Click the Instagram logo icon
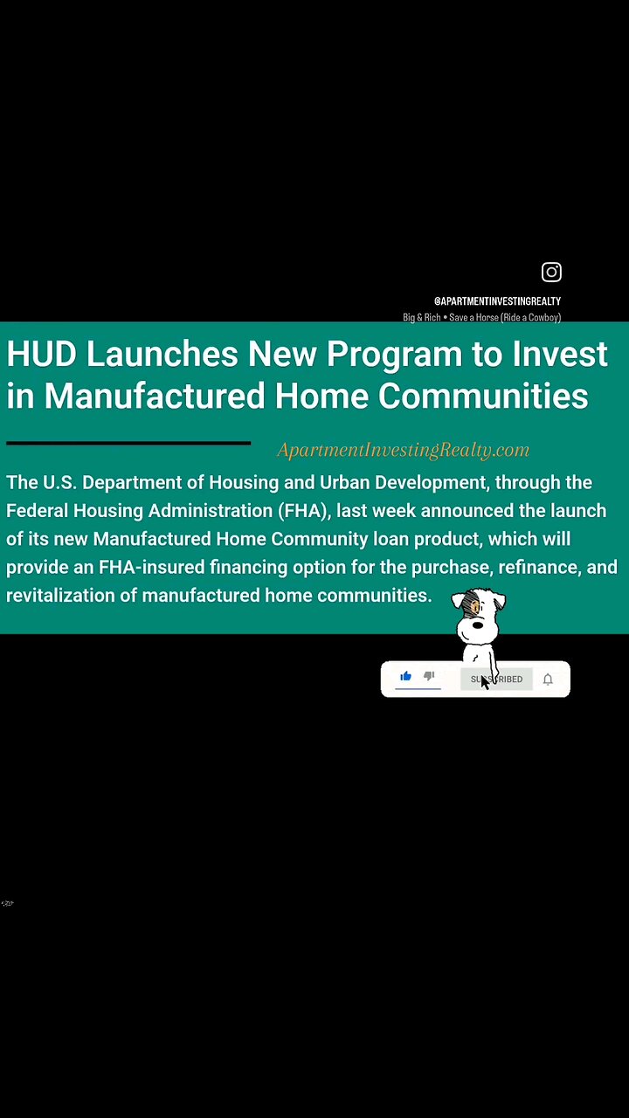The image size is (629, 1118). click(x=551, y=272)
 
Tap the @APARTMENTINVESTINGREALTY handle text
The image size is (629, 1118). click(x=497, y=301)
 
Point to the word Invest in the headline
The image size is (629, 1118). click(x=561, y=355)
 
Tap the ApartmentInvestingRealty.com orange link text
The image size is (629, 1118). click(x=403, y=451)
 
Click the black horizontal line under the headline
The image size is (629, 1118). click(x=128, y=443)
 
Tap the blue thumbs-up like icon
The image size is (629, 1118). click(x=405, y=676)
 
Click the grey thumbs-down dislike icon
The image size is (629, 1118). click(x=429, y=676)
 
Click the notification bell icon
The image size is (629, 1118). click(x=548, y=680)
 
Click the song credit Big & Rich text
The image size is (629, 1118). click(x=422, y=318)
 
